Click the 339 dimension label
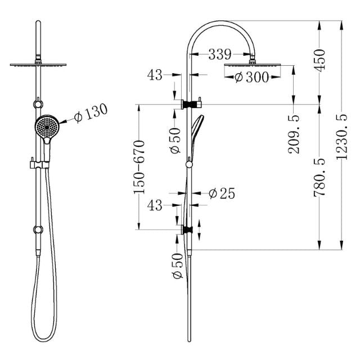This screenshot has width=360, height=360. [x=219, y=55]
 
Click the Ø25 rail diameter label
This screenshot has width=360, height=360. [x=221, y=193]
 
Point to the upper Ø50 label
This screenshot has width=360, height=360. [x=175, y=140]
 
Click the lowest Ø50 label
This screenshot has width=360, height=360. [x=175, y=266]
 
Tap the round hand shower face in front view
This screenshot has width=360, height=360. [x=46, y=126]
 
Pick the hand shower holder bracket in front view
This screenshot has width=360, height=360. [x=39, y=165]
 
